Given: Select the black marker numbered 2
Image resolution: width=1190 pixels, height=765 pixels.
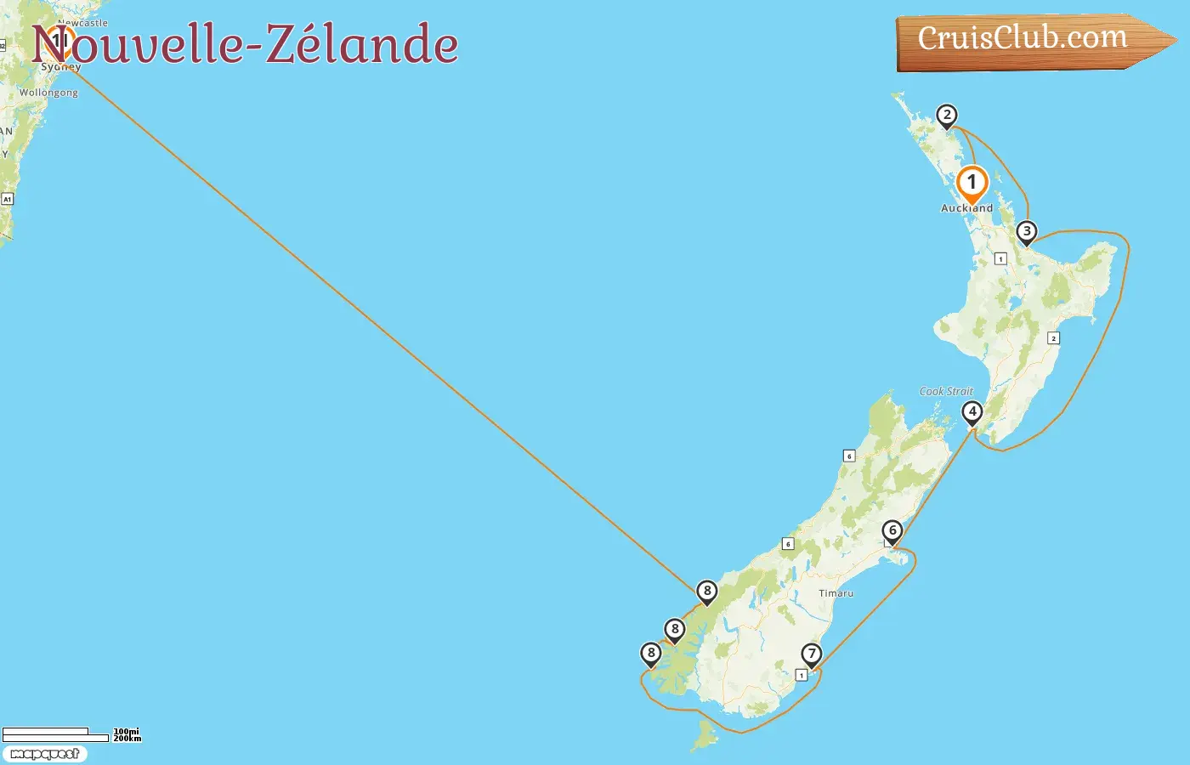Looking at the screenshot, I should point(946,116).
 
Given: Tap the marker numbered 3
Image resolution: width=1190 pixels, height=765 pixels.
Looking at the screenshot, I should point(1027,232).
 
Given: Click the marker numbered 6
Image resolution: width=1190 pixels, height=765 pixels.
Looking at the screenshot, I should point(892,531).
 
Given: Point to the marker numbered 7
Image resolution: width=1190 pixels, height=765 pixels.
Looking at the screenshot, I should point(812,654).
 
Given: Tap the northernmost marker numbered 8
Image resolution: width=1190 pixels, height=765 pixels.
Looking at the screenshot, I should point(706,592).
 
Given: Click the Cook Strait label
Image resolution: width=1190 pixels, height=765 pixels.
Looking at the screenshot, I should point(946,392).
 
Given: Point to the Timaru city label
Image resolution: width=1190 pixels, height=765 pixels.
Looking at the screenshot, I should point(836,593).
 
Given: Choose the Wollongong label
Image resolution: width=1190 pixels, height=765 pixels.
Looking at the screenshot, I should point(48,93).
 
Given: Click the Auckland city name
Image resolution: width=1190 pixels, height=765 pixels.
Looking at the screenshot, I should point(966,208).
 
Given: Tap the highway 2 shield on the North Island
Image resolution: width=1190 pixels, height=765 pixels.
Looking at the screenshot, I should point(1053,338).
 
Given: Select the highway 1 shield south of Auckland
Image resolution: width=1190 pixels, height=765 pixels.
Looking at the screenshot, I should point(1000,258).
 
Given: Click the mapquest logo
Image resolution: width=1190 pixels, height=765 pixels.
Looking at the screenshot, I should point(45,754).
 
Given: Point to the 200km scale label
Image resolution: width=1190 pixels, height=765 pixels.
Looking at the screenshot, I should point(127,739).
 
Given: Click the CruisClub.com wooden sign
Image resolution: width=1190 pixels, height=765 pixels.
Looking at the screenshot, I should point(1023,40).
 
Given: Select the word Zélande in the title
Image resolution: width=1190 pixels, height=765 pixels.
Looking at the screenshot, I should point(362,44).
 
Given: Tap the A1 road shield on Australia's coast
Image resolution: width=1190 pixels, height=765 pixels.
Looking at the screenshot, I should point(7,199).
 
